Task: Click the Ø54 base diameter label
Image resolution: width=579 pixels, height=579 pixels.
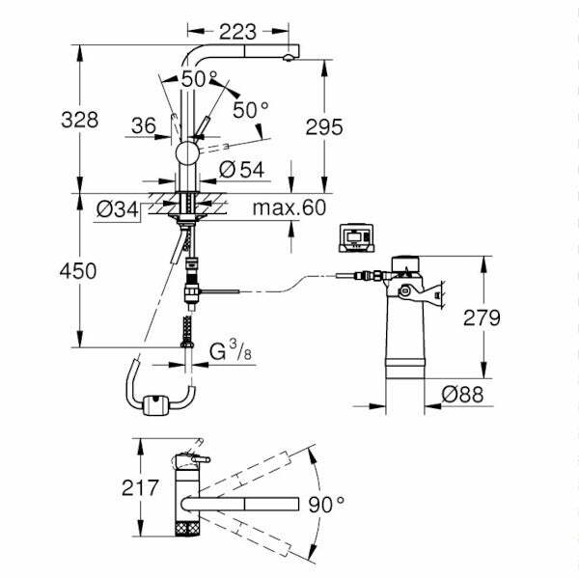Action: click(x=241, y=169)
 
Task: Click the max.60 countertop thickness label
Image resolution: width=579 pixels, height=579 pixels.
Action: click(x=289, y=207)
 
